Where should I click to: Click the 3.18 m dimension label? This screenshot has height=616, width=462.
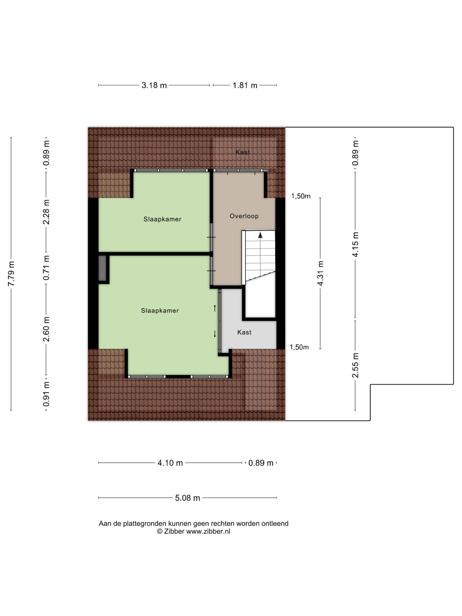[x=154, y=85]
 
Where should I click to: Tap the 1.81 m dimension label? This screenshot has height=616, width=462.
[x=245, y=85]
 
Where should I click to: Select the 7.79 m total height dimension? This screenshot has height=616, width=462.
[x=11, y=273]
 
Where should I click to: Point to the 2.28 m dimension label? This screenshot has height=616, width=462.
[x=46, y=212]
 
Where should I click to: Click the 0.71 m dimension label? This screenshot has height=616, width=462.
[x=46, y=268]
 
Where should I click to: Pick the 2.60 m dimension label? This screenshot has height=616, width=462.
[x=46, y=329]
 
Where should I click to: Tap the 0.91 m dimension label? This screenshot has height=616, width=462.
[x=46, y=394]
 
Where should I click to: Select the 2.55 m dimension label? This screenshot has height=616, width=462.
[x=355, y=365]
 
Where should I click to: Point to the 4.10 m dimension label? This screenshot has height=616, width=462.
[x=170, y=463]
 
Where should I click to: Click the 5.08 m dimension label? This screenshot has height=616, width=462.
[x=187, y=498]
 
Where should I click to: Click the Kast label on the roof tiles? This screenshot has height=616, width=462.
[x=243, y=152]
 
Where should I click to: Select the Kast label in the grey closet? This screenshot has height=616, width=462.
[x=244, y=332]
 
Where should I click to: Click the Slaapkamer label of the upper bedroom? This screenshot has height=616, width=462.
[x=162, y=219]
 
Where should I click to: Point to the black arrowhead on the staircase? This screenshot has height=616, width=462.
[x=260, y=235]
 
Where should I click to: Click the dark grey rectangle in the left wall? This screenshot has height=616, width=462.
[x=102, y=268]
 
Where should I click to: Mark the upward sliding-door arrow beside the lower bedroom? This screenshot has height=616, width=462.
[x=215, y=308]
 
